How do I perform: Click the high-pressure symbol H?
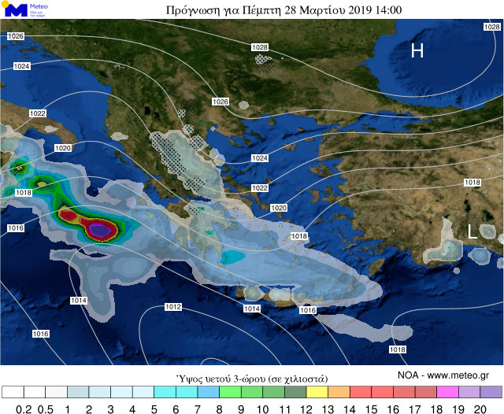tap(417, 51)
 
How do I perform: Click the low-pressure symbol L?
tap(472, 231)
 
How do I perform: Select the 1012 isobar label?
tap(173, 306)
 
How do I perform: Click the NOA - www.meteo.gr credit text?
tap(443, 375)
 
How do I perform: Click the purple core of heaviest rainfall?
tap(98, 229)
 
